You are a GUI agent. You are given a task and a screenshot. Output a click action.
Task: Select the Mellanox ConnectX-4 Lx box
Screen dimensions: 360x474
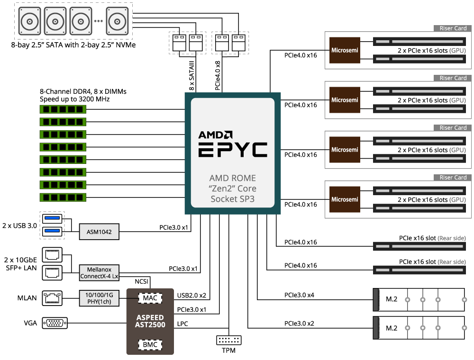pos(100,272)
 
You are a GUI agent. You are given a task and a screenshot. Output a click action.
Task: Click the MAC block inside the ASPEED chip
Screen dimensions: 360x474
pos(150,298)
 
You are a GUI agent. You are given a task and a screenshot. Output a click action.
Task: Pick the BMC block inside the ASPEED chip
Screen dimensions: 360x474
pos(150,344)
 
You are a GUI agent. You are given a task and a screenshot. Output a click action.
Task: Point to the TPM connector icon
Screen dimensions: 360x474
pos(229,340)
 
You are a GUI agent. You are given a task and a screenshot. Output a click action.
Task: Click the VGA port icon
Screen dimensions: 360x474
pos(55,323)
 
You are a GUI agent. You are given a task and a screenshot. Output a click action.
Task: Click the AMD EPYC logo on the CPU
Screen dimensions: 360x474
pos(232,144)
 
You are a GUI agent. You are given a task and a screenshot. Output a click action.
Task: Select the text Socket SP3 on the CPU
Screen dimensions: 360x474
pos(232,199)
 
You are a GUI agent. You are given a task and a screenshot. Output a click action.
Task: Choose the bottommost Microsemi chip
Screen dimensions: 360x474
pos(345,199)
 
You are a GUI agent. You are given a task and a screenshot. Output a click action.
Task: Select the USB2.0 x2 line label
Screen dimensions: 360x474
pos(192,296)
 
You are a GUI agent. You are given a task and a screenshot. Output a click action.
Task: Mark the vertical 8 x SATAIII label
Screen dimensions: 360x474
pos(192,76)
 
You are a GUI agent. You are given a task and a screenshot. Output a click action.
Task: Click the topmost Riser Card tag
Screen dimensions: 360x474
pos(453,28)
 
